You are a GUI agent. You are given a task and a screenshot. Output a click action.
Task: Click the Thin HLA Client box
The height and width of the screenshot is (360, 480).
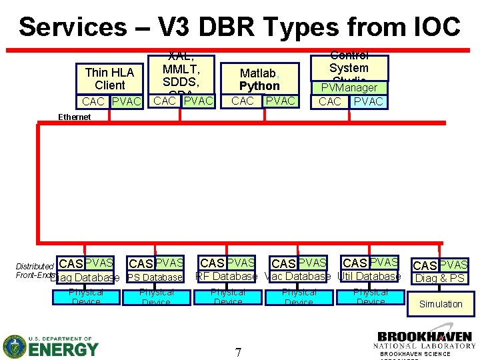(110, 79)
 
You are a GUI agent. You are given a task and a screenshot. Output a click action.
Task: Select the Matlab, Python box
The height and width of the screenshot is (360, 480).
(259, 79)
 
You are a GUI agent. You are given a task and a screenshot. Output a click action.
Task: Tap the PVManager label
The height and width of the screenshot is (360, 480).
(349, 88)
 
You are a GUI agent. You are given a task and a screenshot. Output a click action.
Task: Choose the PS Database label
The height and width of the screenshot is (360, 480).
(155, 277)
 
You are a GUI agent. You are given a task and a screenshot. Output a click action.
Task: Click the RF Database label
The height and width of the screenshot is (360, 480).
(227, 276)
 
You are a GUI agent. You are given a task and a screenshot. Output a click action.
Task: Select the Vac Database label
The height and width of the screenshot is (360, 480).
(298, 276)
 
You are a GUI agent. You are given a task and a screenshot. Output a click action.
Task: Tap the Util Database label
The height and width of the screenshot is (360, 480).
(369, 276)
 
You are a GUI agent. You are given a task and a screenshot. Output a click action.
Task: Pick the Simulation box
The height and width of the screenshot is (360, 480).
(440, 304)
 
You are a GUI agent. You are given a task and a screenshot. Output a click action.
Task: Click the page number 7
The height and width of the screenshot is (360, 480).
(238, 351)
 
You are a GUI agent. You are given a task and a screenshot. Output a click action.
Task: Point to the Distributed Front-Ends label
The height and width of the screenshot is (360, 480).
(35, 271)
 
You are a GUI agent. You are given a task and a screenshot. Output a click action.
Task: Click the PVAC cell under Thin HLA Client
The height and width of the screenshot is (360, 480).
(127, 102)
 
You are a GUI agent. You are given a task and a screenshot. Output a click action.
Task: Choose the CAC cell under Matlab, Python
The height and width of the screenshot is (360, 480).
(242, 101)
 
